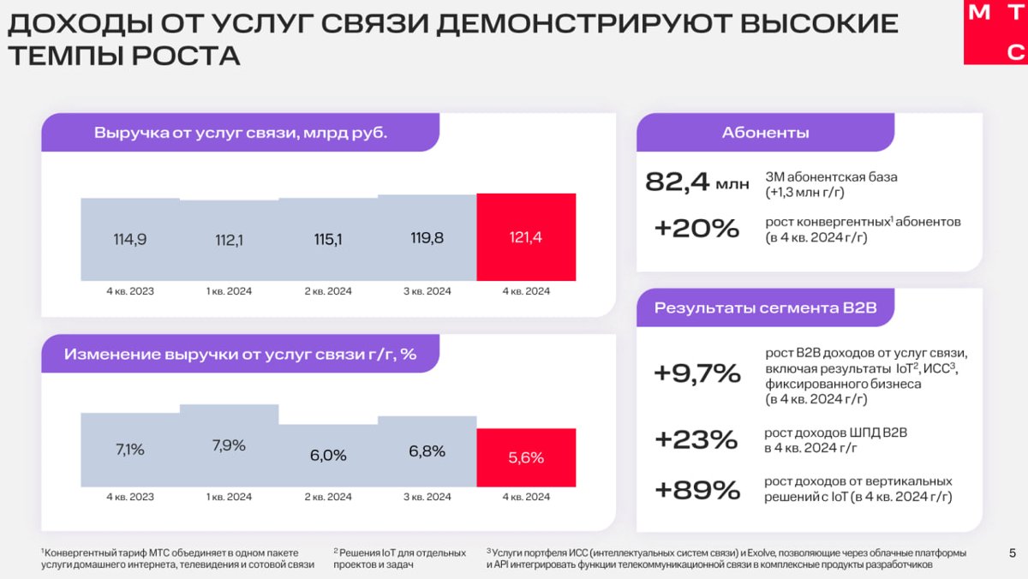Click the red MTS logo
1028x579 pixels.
coord(995,33)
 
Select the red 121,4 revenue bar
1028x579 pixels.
coord(526,237)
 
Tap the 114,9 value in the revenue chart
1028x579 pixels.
coord(130,240)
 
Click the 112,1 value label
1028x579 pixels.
coord(230,241)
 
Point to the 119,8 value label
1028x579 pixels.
coord(427,238)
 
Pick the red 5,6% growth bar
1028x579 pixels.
coord(526,457)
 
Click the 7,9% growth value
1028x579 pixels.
coord(229,445)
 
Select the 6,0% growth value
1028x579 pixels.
coord(328,456)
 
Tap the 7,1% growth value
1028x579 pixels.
coord(130,450)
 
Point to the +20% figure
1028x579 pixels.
coord(696,229)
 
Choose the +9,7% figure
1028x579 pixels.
coord(696,373)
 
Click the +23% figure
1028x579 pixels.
coord(696,439)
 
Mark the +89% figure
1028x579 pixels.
coord(696,490)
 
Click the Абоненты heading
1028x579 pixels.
coord(765,133)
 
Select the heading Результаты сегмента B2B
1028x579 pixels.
coord(765,308)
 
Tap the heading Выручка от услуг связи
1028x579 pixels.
coord(240,134)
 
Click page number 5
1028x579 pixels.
coord(1013,552)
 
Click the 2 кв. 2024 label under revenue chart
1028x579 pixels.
coord(328,291)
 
